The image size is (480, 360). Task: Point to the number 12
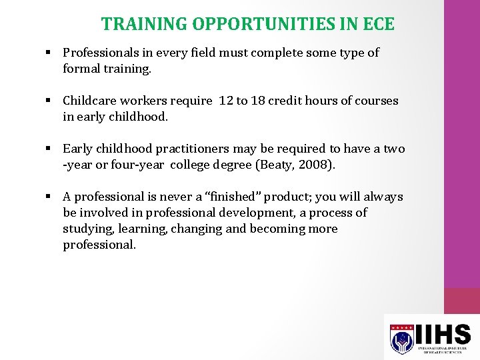coord(225,101)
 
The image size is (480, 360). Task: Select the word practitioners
coord(193,149)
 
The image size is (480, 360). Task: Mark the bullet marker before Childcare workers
coord(49,101)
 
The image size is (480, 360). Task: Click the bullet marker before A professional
coord(49,197)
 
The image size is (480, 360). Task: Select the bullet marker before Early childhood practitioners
coord(49,149)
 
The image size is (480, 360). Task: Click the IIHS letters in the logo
coord(445,333)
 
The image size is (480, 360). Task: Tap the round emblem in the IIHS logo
coord(401,341)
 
